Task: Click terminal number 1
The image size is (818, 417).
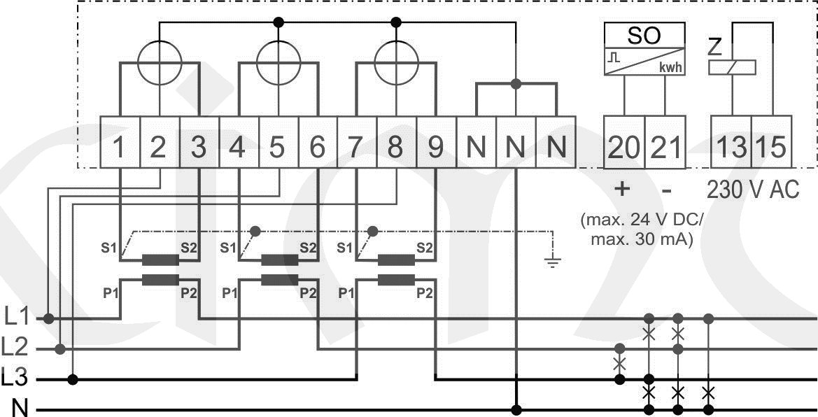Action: pos(120,148)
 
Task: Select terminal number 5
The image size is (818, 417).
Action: pos(278,148)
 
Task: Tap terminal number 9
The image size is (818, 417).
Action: pos(436,148)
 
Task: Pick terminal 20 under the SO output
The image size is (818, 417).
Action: pos(623,148)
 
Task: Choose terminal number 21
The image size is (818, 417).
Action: pos(665,148)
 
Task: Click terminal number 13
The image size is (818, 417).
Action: pos(731,148)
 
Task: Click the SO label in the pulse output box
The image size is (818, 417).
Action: pos(644,35)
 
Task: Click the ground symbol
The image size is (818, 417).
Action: pos(553,262)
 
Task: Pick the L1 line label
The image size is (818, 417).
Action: pos(16,318)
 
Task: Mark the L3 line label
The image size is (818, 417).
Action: pos(16,379)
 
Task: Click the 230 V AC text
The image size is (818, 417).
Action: pos(753,190)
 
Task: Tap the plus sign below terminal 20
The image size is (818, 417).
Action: pos(622,190)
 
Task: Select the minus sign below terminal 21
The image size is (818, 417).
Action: pos(667,190)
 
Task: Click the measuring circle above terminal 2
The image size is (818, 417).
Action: pos(160,64)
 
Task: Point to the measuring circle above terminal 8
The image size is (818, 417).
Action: pos(396,64)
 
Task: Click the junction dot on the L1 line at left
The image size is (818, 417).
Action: pos(48,318)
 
